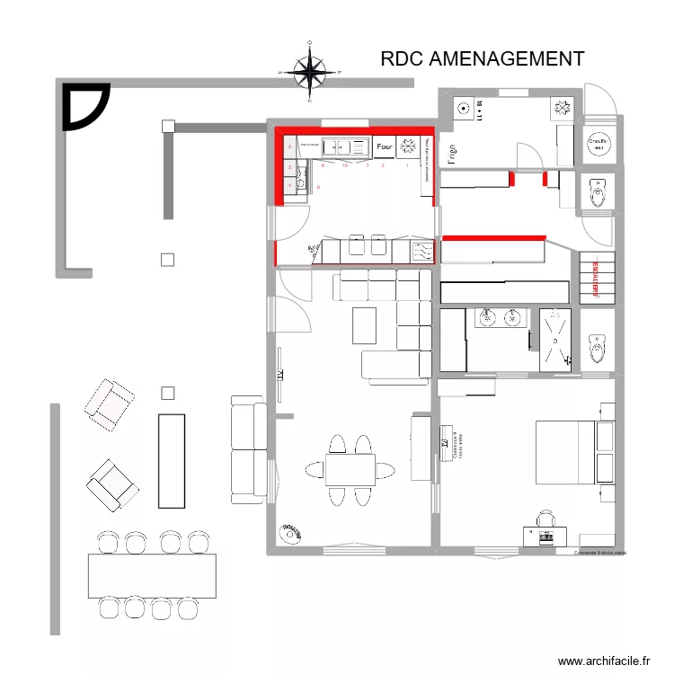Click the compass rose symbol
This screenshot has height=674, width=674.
point(310,70)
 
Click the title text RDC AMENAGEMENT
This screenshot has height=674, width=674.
point(483,59)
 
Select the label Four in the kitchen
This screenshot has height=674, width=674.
point(385,146)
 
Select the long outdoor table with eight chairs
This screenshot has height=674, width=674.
point(152,575)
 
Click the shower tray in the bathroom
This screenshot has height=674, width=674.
point(556,338)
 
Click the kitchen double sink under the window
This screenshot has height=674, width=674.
point(345,146)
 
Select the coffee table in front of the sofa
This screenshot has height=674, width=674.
point(364,325)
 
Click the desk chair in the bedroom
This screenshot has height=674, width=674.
point(546,519)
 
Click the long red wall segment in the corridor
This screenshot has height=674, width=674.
point(494,238)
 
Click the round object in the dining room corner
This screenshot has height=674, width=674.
point(290,534)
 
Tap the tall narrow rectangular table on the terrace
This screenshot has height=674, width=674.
point(171,460)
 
